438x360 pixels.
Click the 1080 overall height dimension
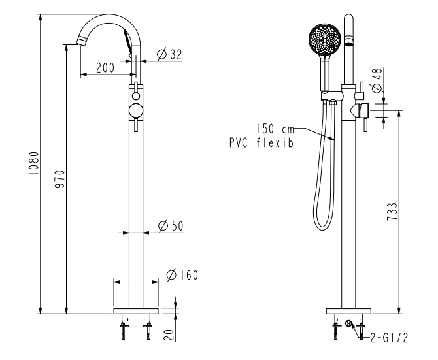[x=33, y=163]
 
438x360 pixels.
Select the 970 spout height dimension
[x=59, y=179]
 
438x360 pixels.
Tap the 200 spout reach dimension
[x=105, y=67]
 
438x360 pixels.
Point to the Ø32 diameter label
[x=169, y=54]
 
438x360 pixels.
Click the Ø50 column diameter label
[x=171, y=225]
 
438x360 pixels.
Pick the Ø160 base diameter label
[x=182, y=275]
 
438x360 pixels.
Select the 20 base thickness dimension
[x=169, y=335]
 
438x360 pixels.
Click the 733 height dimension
[x=392, y=212]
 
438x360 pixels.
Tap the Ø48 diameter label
[x=377, y=80]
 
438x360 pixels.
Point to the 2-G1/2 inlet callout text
[x=389, y=338]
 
